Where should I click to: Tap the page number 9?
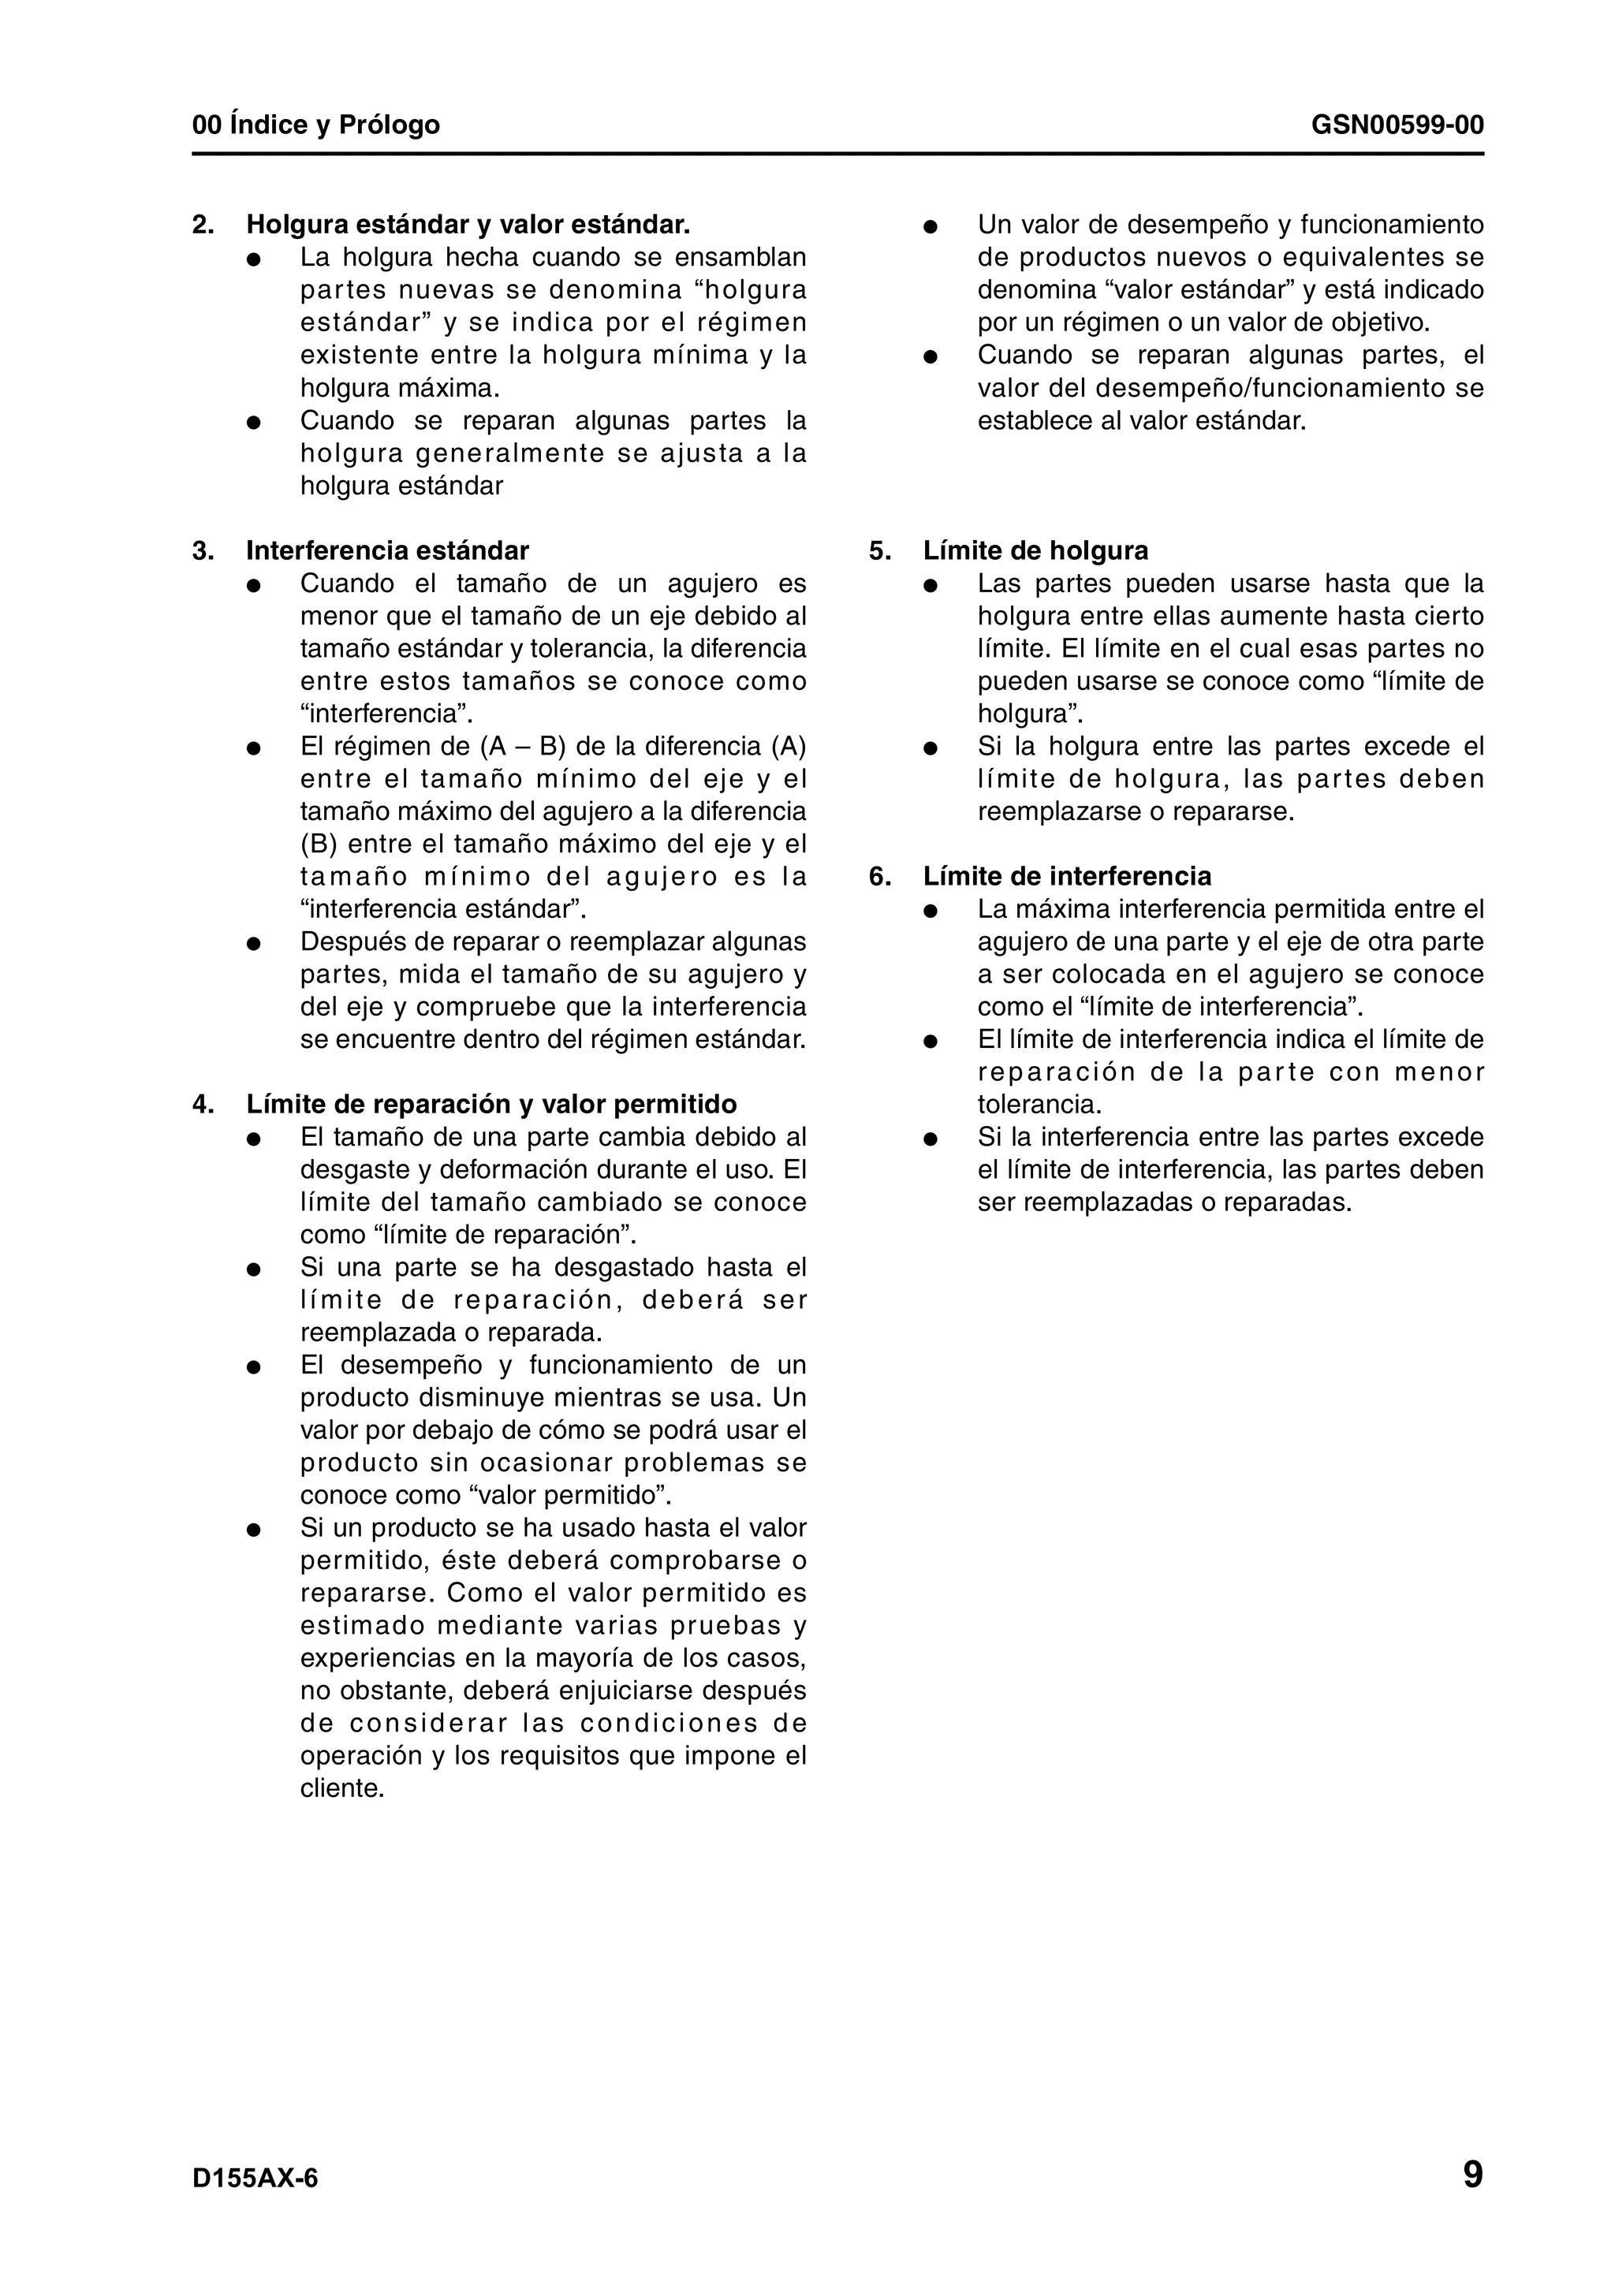(x=1471, y=2175)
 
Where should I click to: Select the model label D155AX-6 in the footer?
(x=255, y=2179)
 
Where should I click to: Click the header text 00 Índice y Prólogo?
(x=315, y=125)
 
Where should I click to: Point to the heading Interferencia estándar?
(x=387, y=550)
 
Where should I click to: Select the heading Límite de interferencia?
(x=1067, y=876)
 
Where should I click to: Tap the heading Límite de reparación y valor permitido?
(x=491, y=1104)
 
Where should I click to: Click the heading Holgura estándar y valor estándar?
(x=468, y=225)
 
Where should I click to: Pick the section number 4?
(x=202, y=1104)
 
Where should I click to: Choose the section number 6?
(x=878, y=876)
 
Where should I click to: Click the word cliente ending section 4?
(x=341, y=1788)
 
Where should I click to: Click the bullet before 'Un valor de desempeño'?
(x=931, y=226)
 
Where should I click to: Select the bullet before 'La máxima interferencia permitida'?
(x=931, y=910)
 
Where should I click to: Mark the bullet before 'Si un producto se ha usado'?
(x=254, y=1529)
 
